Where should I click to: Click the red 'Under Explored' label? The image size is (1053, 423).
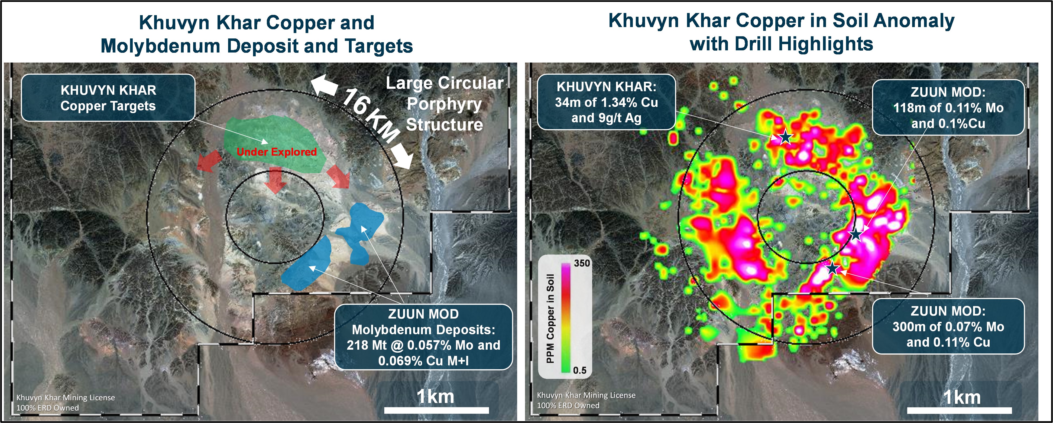277,152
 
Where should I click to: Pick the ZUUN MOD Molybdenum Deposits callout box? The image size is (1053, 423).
423,337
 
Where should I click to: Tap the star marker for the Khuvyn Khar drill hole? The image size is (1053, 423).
785,137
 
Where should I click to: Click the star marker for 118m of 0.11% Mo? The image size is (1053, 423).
856,235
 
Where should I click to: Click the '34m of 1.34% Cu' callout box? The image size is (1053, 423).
606,102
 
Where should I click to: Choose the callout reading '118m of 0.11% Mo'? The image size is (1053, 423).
948,107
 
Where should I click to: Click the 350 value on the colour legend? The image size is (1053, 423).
582,263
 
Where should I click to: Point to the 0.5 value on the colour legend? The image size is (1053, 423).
580,370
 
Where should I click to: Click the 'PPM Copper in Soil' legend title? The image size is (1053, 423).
550,319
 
